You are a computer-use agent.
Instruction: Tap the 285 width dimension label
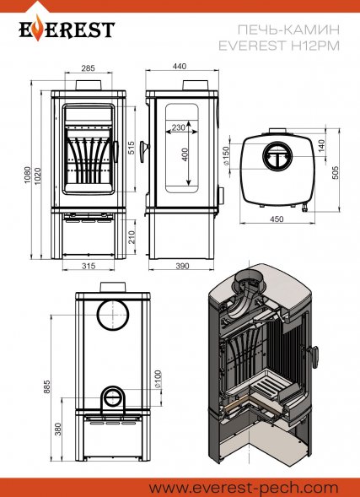[88, 68]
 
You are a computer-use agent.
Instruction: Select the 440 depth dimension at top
[180, 67]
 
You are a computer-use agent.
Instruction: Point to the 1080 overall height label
[28, 175]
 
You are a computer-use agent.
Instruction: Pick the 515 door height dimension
[131, 148]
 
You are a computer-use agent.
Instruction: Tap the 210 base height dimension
[132, 237]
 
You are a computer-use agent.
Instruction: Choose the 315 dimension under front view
[89, 266]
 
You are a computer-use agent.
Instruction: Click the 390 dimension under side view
[182, 266]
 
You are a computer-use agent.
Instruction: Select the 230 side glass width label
[178, 127]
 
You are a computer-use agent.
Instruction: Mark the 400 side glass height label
[185, 154]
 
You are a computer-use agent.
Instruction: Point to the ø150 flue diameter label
[227, 155]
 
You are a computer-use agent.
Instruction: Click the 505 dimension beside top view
[336, 172]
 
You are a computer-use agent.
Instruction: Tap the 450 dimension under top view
[277, 219]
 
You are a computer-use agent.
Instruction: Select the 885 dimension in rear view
[47, 386]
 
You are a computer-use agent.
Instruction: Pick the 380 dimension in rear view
[57, 429]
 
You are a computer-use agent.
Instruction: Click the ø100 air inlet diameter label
[158, 379]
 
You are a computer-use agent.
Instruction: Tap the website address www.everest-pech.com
[244, 488]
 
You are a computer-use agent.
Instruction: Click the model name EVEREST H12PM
[279, 46]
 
